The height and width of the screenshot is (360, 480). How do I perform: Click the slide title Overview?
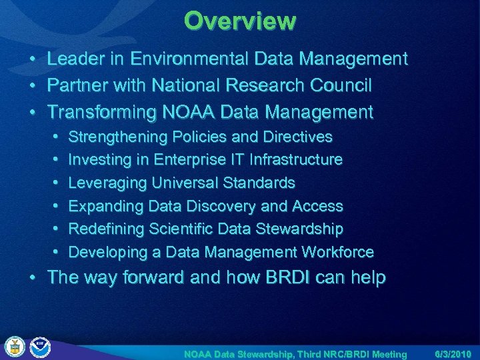click(x=240, y=21)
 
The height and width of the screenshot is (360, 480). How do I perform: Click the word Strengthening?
click(x=118, y=137)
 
